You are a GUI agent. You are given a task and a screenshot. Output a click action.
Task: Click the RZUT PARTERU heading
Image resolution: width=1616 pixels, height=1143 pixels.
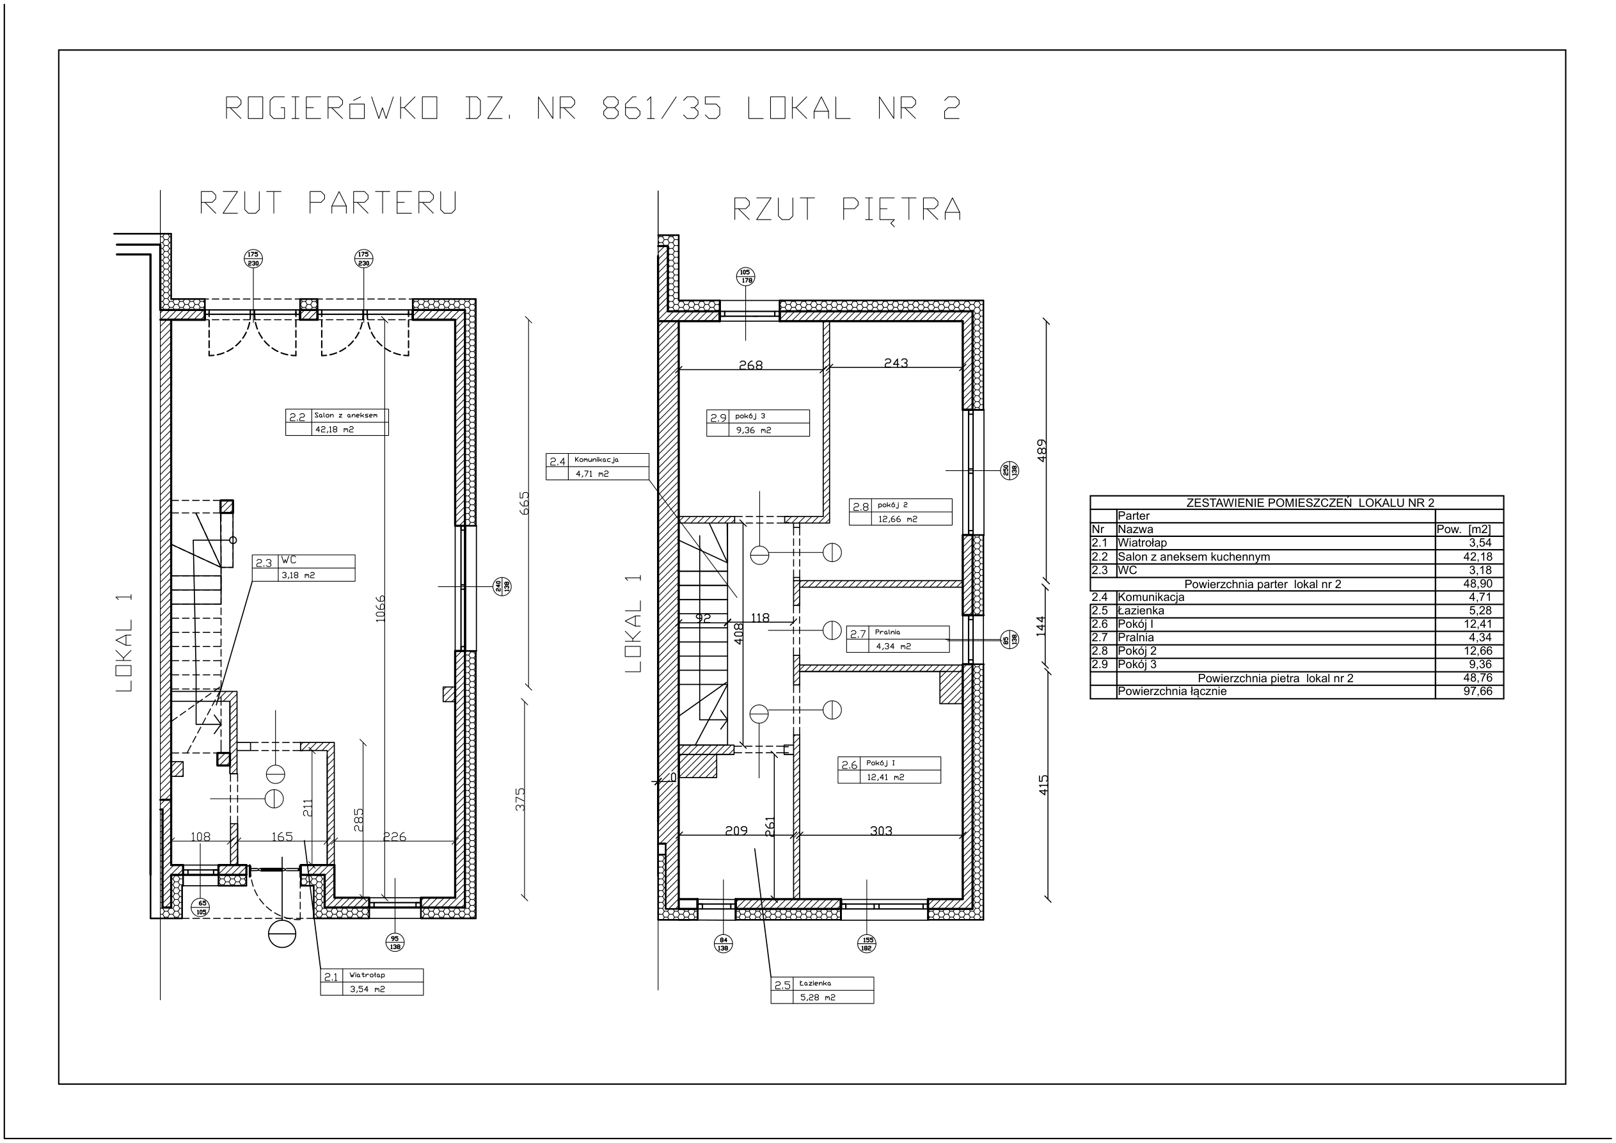pyautogui.click(x=329, y=203)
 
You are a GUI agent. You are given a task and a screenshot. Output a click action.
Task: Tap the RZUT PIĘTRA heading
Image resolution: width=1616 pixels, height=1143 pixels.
pyautogui.click(x=847, y=209)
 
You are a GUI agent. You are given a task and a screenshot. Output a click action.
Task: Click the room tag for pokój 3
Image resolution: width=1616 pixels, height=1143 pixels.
pyautogui.click(x=758, y=422)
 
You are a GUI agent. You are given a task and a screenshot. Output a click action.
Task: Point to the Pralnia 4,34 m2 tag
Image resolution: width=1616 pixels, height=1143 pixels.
pyautogui.click(x=898, y=639)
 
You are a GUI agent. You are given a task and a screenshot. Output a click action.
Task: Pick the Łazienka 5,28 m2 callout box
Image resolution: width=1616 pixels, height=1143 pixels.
pyautogui.click(x=822, y=990)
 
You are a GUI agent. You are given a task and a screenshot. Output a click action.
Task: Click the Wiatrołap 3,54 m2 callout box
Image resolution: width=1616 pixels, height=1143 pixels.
pyautogui.click(x=372, y=982)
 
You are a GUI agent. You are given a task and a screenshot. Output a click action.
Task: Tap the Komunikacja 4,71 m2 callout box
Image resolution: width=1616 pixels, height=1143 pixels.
pyautogui.click(x=597, y=466)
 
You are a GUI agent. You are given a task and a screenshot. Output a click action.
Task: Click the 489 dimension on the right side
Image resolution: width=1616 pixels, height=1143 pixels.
pyautogui.click(x=1042, y=451)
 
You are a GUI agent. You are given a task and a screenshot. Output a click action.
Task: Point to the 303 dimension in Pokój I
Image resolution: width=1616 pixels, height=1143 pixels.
pyautogui.click(x=881, y=831)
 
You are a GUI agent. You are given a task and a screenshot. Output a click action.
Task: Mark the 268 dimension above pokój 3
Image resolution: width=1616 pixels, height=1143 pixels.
pyautogui.click(x=751, y=365)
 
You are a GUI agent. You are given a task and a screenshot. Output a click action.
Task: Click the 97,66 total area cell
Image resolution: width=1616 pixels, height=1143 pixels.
pyautogui.click(x=1478, y=692)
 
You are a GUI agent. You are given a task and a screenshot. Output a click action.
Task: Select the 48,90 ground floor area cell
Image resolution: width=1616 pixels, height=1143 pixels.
pyautogui.click(x=1478, y=584)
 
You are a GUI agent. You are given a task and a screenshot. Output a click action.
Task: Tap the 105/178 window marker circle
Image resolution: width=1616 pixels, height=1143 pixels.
pyautogui.click(x=745, y=276)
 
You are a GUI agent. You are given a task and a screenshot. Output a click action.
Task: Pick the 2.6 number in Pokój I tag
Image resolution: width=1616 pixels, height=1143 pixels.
pyautogui.click(x=850, y=765)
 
